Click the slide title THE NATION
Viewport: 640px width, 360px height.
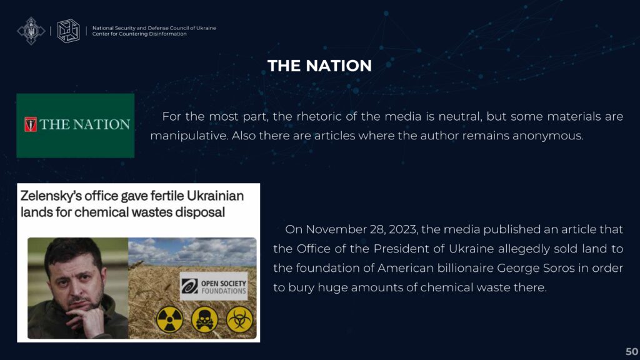pyautogui.click(x=319, y=66)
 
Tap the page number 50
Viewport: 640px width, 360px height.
pyautogui.click(x=631, y=351)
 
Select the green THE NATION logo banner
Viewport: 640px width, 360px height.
pyautogui.click(x=76, y=126)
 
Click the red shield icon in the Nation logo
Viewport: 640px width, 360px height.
pyautogui.click(x=31, y=124)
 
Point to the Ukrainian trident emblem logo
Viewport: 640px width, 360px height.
pyautogui.click(x=31, y=31)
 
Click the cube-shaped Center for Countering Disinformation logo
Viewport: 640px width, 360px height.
pyautogui.click(x=68, y=31)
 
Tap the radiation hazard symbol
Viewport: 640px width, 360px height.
pyautogui.click(x=169, y=319)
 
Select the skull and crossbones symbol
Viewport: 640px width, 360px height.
pyautogui.click(x=204, y=319)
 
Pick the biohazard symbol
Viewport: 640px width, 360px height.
pyautogui.click(x=239, y=319)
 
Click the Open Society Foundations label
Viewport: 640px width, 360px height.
pyautogui.click(x=214, y=286)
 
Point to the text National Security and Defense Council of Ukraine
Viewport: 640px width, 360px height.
pyautogui.click(x=154, y=28)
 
